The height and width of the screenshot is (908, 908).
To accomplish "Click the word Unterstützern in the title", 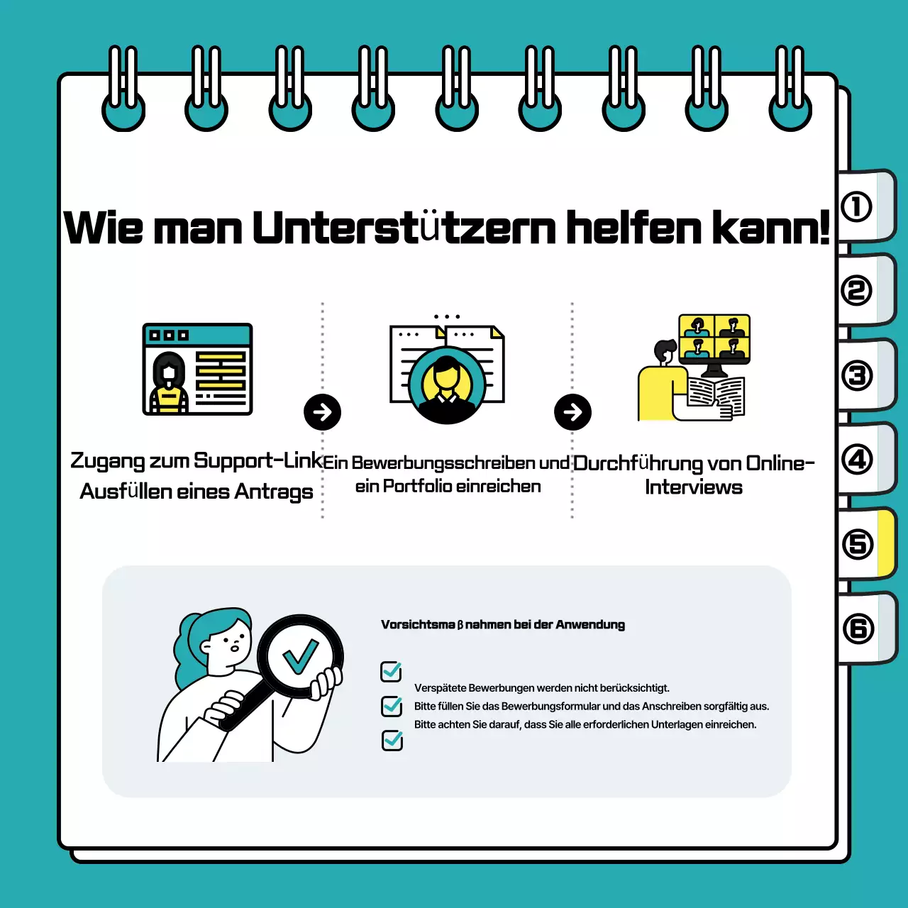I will coord(404,228).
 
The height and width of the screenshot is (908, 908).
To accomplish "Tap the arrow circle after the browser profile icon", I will coord(322,412).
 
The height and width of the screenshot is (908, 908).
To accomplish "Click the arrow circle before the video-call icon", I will coord(572,412).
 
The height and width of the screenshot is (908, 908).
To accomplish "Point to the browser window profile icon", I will coord(197,369).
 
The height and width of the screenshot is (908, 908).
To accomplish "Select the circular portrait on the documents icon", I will coord(447,384).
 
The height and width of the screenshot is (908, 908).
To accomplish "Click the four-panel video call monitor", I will coord(714,338).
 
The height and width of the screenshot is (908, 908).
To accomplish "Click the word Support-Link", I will coord(258,460).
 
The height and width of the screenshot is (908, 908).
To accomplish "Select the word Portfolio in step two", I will coord(418,487).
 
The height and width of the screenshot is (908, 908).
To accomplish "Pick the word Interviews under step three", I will coord(694,487).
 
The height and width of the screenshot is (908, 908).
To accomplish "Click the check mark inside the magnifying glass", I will coord(300,656).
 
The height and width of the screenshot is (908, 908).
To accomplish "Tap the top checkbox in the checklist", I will coord(392,670).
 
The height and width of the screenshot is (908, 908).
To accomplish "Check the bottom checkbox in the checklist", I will coord(392,740).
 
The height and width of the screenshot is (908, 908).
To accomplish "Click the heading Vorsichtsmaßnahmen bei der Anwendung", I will coord(503,624).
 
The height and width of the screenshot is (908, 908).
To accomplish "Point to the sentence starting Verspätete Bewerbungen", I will coord(542,687).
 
